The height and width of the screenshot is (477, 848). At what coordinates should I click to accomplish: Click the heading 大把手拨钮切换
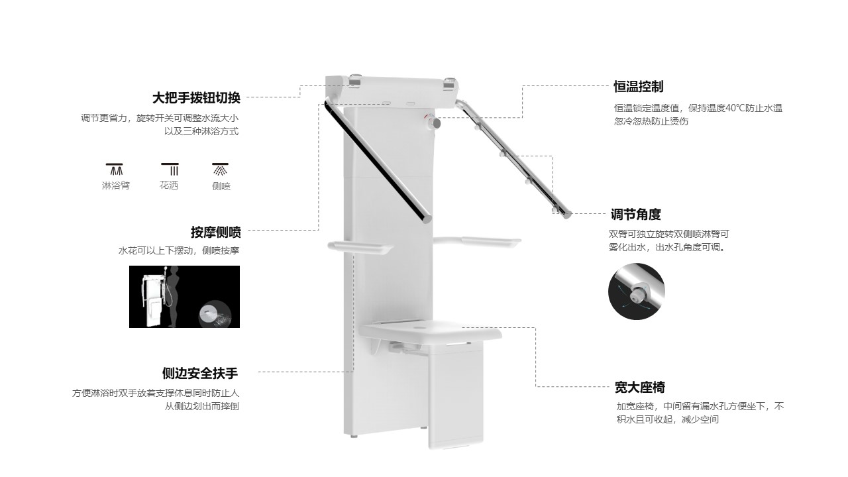pyautogui.click(x=196, y=97)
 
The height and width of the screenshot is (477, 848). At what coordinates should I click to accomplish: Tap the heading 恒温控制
pyautogui.click(x=638, y=86)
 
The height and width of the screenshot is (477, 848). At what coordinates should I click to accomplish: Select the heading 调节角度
pyautogui.click(x=635, y=214)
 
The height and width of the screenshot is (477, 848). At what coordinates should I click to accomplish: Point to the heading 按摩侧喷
pyautogui.click(x=216, y=232)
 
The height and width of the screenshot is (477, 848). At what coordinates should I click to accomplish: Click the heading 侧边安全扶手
pyautogui.click(x=200, y=373)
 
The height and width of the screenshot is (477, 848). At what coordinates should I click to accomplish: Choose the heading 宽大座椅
pyautogui.click(x=640, y=388)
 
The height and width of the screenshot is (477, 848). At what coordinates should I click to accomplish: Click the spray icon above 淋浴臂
pyautogui.click(x=115, y=169)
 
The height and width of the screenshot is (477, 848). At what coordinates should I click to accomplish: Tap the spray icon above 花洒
pyautogui.click(x=170, y=169)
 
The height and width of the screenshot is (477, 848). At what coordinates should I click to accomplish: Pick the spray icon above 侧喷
pyautogui.click(x=221, y=169)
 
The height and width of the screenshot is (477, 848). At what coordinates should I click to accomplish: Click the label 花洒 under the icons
pyautogui.click(x=169, y=185)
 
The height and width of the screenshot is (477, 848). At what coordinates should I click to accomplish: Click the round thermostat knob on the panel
pyautogui.click(x=435, y=123)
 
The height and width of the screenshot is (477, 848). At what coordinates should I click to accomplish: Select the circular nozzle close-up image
pyautogui.click(x=637, y=291)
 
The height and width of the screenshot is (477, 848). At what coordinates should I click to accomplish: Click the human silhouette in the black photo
pyautogui.click(x=174, y=296)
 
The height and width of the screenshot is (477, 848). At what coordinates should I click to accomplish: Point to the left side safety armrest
pyautogui.click(x=360, y=246)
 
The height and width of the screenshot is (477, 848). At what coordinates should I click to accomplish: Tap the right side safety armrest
pyautogui.click(x=478, y=242)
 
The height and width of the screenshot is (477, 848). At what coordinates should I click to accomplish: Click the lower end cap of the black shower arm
pyautogui.click(x=427, y=219)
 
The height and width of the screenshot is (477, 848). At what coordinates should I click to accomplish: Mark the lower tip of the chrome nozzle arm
pyautogui.click(x=567, y=215)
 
